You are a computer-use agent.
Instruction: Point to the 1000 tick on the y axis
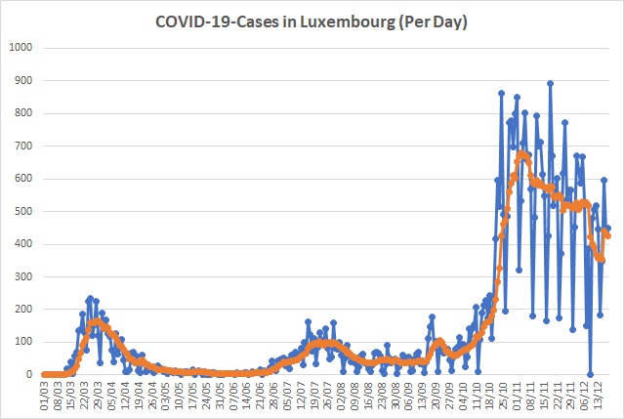point(21,48)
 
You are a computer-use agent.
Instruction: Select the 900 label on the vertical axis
point(23,80)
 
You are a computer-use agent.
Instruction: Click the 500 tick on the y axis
point(23,211)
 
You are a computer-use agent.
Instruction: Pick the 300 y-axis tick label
point(23,276)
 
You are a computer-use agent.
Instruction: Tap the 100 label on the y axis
point(23,342)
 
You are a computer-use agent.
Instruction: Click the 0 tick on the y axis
point(29,374)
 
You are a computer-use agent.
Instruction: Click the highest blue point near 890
point(551,84)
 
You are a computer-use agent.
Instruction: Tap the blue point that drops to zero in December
point(590,374)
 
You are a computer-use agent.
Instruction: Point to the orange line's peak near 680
point(522,153)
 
